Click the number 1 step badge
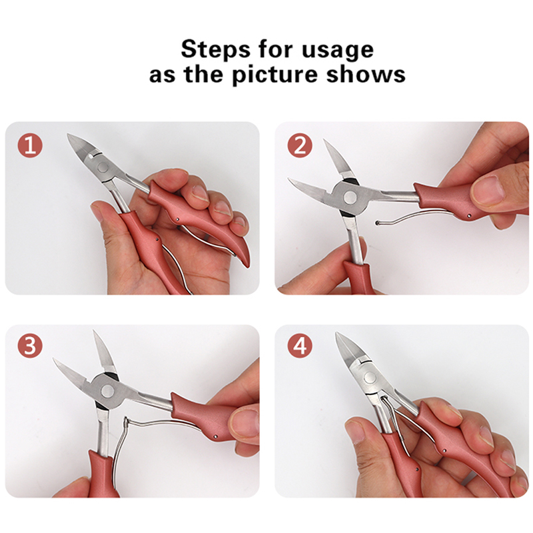point(30,145)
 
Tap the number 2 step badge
point(300,145)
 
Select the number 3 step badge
point(30,346)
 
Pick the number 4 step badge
point(300,346)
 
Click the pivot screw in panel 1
point(103,167)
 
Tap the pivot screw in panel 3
point(108,390)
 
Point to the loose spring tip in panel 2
point(377,223)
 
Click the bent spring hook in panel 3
point(126,425)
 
